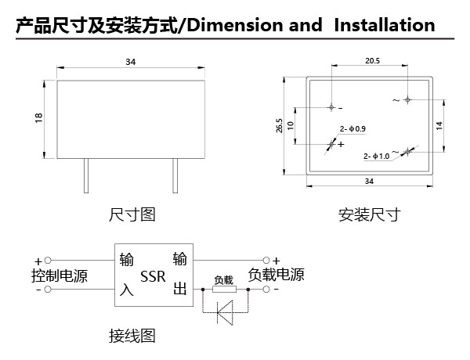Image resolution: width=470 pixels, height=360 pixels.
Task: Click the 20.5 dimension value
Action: click(x=372, y=61)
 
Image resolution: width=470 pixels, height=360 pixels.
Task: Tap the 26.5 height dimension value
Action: click(x=280, y=125)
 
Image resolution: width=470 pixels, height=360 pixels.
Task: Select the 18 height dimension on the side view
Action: click(x=39, y=117)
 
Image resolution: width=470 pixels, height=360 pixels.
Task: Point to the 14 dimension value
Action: click(x=439, y=125)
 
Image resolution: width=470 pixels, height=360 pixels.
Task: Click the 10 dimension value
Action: click(x=290, y=125)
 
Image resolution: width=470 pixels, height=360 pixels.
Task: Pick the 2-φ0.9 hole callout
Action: click(x=352, y=129)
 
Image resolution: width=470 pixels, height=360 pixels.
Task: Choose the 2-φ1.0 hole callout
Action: click(x=377, y=156)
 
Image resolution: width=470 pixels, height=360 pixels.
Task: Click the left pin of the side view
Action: click(x=86, y=175)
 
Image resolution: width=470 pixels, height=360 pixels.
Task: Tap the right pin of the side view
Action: click(x=175, y=175)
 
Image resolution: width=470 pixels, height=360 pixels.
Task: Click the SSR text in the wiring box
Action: click(x=153, y=276)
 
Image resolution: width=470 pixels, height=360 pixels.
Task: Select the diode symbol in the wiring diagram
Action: click(x=225, y=312)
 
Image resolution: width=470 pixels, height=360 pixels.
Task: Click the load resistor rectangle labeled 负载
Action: click(x=225, y=290)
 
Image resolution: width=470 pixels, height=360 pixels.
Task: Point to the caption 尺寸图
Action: click(x=132, y=214)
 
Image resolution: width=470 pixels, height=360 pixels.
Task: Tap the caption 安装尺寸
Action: click(x=369, y=214)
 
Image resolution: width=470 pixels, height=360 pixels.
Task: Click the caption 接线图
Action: click(x=132, y=336)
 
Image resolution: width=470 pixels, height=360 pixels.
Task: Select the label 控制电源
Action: click(x=60, y=275)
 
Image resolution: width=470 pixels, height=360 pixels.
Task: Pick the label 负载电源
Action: click(x=276, y=275)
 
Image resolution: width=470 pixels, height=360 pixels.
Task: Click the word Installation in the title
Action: click(x=385, y=25)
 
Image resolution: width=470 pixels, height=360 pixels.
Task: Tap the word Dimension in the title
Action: click(x=235, y=25)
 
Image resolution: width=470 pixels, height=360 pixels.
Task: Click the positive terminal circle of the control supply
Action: click(x=48, y=261)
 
